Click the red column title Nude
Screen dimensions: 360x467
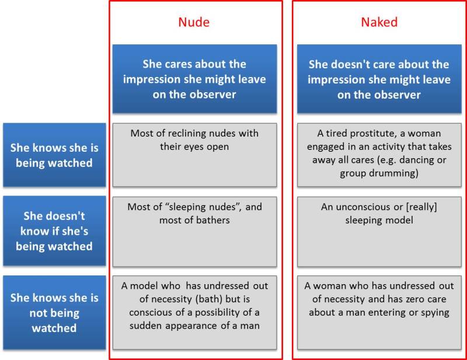click(x=194, y=23)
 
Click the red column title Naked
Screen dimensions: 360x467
click(x=379, y=23)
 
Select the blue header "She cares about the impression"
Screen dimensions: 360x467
click(x=194, y=79)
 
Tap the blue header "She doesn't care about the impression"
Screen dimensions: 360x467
click(x=379, y=79)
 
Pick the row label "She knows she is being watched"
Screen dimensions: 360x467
click(x=54, y=155)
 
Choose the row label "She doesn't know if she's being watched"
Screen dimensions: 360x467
click(x=54, y=231)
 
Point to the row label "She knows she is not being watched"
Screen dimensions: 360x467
click(x=54, y=313)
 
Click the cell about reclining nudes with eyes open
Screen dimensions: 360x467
click(x=194, y=155)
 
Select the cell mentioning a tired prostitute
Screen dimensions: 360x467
click(x=379, y=155)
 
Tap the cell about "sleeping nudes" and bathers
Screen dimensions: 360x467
click(x=194, y=231)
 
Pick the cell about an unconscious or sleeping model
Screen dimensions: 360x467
click(x=379, y=231)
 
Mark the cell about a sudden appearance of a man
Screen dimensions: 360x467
click(x=194, y=313)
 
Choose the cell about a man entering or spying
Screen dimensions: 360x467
click(x=379, y=313)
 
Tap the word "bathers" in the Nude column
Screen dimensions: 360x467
click(x=212, y=220)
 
